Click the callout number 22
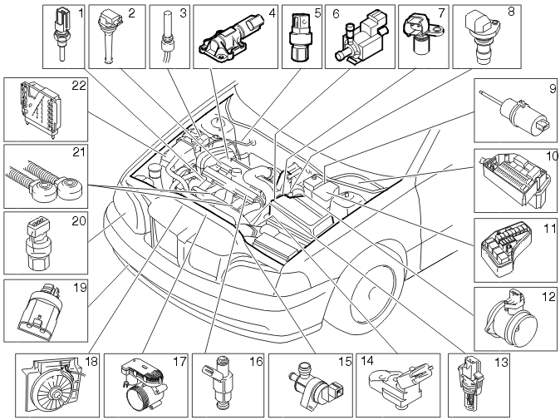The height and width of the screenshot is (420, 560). coord(79,86)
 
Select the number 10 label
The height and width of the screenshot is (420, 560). coord(552,156)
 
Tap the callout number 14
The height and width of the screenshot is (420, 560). coord(366,361)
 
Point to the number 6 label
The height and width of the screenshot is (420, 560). coord(336,13)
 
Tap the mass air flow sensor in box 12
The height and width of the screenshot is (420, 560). coord(512,318)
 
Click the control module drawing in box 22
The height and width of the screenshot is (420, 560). coord(38,109)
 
